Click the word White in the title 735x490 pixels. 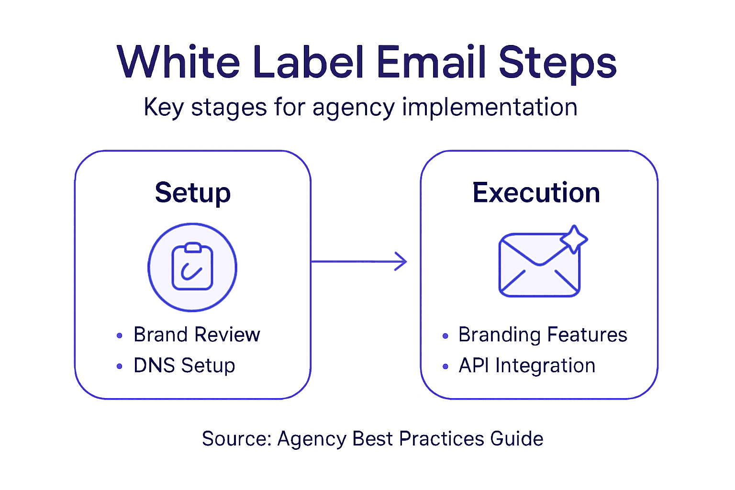pyautogui.click(x=178, y=62)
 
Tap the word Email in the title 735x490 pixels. pyautogui.click(x=431, y=62)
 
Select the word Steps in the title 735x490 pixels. pyautogui.click(x=557, y=63)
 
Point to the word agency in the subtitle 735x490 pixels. pyautogui.click(x=353, y=108)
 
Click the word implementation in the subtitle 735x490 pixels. pyautogui.click(x=490, y=108)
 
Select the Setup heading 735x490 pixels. pyautogui.click(x=193, y=193)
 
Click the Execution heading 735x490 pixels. pyautogui.click(x=536, y=193)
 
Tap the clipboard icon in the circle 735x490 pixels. pyautogui.click(x=192, y=267)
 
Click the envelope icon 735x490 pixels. pyautogui.click(x=539, y=266)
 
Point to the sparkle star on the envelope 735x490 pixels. pyautogui.click(x=573, y=238)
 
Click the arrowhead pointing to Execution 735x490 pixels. pyautogui.click(x=401, y=261)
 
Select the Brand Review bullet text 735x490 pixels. pyautogui.click(x=197, y=334)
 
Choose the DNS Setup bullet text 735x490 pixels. pyautogui.click(x=184, y=366)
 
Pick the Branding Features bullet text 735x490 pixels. pyautogui.click(x=543, y=334)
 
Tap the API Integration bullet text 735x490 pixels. pyautogui.click(x=527, y=366)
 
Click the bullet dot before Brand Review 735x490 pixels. pyautogui.click(x=120, y=335)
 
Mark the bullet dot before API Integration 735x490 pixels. pyautogui.click(x=445, y=367)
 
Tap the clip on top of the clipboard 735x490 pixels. pyautogui.click(x=193, y=247)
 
